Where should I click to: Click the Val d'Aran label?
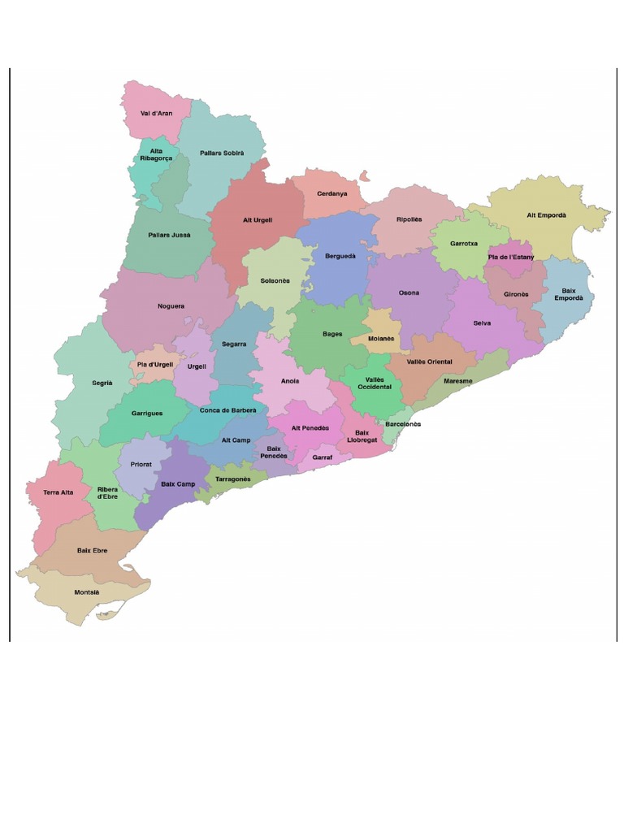pos(157,113)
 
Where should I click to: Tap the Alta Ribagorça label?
pos(156,155)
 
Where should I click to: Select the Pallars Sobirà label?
pos(222,153)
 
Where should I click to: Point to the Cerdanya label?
pos(331,193)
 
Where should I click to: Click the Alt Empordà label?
pos(546,215)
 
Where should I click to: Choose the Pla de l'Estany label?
pos(511,257)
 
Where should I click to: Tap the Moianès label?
pos(380,338)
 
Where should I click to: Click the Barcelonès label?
pos(403,424)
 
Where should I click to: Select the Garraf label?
pos(323,457)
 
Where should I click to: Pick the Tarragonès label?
pos(233,479)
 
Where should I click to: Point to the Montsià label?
pos(87,592)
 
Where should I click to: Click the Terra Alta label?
pos(59,492)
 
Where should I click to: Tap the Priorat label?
pos(141,465)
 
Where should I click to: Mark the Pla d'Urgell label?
pos(154,364)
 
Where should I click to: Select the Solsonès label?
pos(275,280)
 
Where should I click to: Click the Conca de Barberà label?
pos(227,410)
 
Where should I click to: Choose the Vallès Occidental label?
pos(375,383)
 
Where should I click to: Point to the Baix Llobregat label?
pos(362,436)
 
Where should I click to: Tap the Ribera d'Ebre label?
pos(107,492)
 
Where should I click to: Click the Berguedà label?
pos(340,256)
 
